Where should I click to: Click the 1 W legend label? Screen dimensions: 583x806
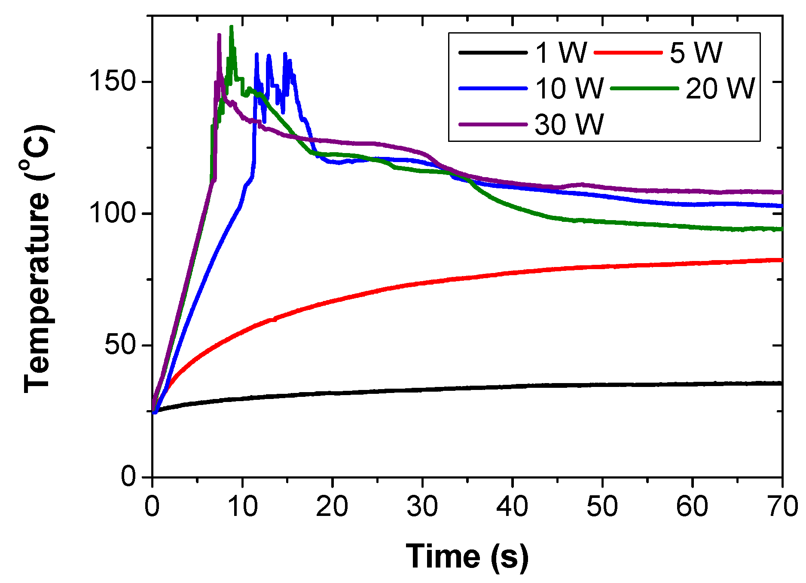click(x=561, y=52)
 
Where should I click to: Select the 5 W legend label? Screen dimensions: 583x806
click(x=696, y=52)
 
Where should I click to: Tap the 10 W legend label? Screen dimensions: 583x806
click(x=570, y=88)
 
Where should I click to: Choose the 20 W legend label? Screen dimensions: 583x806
click(x=720, y=88)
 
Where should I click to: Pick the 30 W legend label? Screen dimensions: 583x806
click(x=570, y=124)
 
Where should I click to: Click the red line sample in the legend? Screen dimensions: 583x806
click(x=628, y=52)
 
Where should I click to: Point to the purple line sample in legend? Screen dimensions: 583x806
click(x=493, y=124)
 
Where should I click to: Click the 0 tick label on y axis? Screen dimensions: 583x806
click(x=128, y=476)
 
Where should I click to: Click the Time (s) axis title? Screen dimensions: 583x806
click(x=467, y=557)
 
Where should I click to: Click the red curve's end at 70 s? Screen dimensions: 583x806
click(x=782, y=260)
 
